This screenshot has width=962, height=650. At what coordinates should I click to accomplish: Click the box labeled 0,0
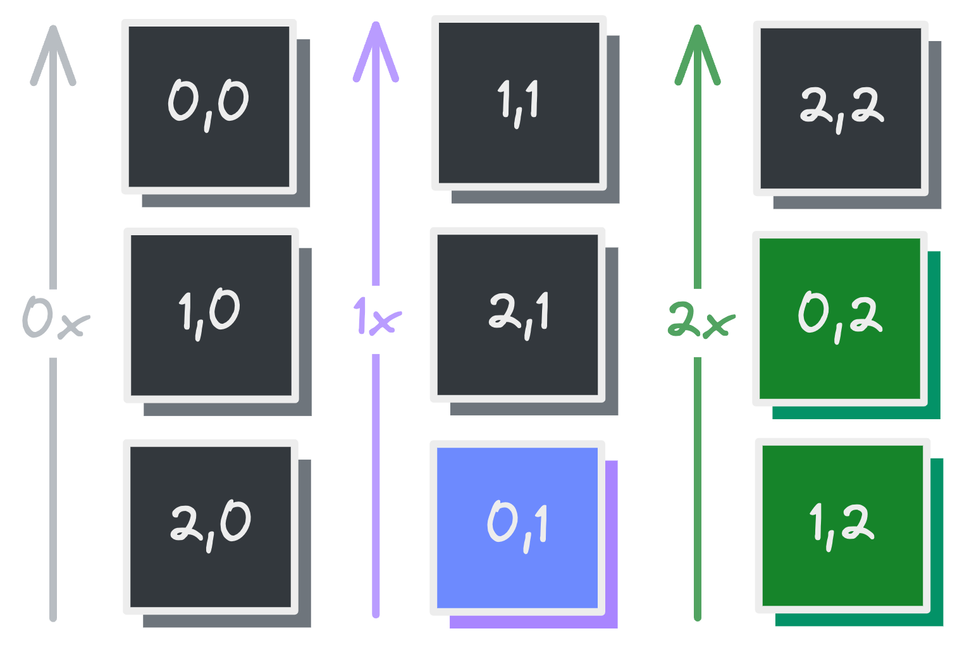(209, 106)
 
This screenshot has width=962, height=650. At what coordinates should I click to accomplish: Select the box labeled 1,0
(211, 315)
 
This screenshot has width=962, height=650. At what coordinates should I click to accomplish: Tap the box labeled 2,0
(210, 526)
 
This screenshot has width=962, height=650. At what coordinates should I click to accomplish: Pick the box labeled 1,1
(519, 103)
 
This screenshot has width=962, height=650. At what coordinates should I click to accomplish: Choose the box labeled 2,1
(517, 314)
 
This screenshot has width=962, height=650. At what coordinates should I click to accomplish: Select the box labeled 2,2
(841, 108)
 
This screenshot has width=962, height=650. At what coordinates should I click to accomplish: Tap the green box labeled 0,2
(839, 318)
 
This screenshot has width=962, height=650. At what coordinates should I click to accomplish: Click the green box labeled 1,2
(842, 525)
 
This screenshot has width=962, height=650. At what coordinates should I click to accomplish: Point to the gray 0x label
(55, 318)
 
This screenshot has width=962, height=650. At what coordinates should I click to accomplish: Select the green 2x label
(701, 319)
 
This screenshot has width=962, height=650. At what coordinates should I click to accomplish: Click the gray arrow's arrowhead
(53, 54)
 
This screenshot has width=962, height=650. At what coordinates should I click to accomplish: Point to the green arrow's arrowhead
(697, 54)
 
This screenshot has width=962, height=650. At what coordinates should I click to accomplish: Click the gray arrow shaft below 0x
(53, 487)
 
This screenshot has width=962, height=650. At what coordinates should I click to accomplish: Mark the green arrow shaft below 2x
(698, 487)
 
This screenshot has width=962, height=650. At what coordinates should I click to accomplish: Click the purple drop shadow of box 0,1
(611, 544)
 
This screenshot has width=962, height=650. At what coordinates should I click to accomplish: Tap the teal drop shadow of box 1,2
(937, 544)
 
